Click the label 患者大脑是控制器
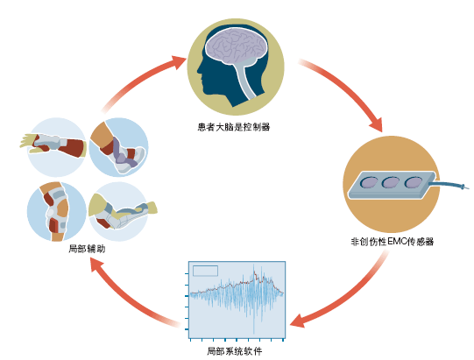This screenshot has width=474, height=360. (233, 127)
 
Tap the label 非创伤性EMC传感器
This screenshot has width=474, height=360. (392, 242)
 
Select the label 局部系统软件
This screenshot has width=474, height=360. (235, 351)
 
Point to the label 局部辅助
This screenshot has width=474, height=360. (87, 249)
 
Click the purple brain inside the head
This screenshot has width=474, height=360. (236, 46)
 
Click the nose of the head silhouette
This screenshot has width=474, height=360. (200, 70)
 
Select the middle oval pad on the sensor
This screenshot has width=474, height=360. (391, 182)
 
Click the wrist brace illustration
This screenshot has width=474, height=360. (54, 146)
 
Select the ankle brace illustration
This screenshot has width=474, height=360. (119, 147)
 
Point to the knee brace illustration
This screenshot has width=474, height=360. (56, 212)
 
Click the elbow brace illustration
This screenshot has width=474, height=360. (121, 212)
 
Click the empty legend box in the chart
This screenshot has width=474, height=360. (205, 271)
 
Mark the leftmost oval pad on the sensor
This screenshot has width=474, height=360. (369, 182)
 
